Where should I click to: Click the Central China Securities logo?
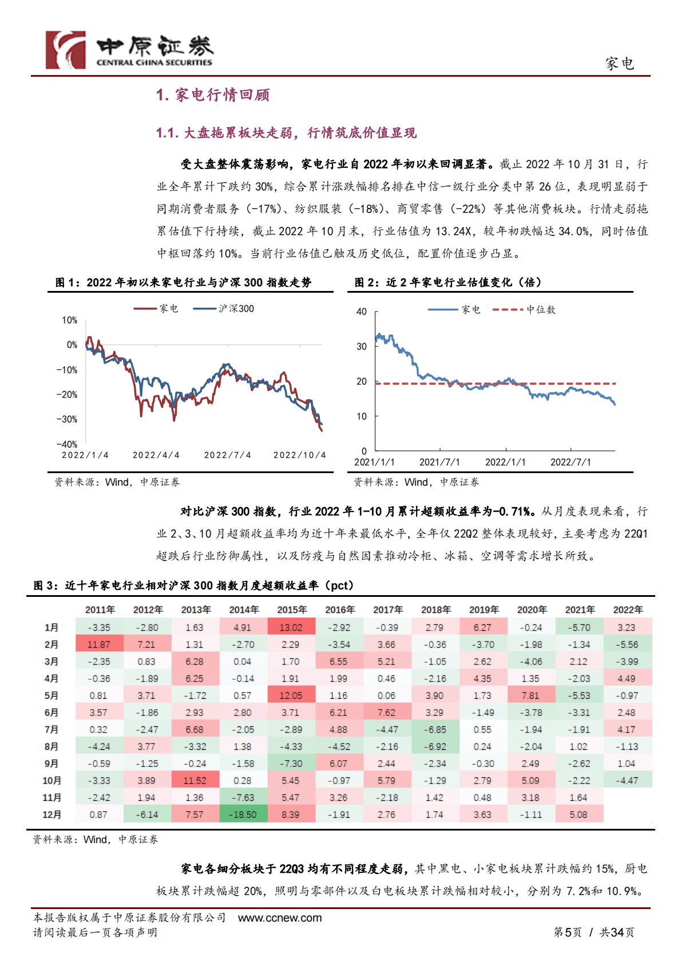(129, 50)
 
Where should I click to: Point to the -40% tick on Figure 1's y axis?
(66, 444)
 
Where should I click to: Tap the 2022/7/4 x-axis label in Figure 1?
(227, 455)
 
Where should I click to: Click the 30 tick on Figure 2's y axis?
(362, 347)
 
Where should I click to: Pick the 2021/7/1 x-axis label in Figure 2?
(440, 462)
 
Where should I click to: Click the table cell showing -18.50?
(243, 815)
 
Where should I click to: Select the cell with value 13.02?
(291, 628)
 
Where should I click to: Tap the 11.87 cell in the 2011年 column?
(99, 645)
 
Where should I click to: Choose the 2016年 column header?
(340, 610)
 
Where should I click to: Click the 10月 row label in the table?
(52, 781)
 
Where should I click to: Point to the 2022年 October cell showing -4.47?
(627, 781)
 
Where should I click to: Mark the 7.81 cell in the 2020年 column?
(530, 696)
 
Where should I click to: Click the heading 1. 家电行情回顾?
(213, 95)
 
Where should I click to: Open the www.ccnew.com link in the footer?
(280, 918)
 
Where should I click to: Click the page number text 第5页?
(567, 932)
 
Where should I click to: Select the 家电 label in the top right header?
(620, 64)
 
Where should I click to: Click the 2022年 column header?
(628, 610)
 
